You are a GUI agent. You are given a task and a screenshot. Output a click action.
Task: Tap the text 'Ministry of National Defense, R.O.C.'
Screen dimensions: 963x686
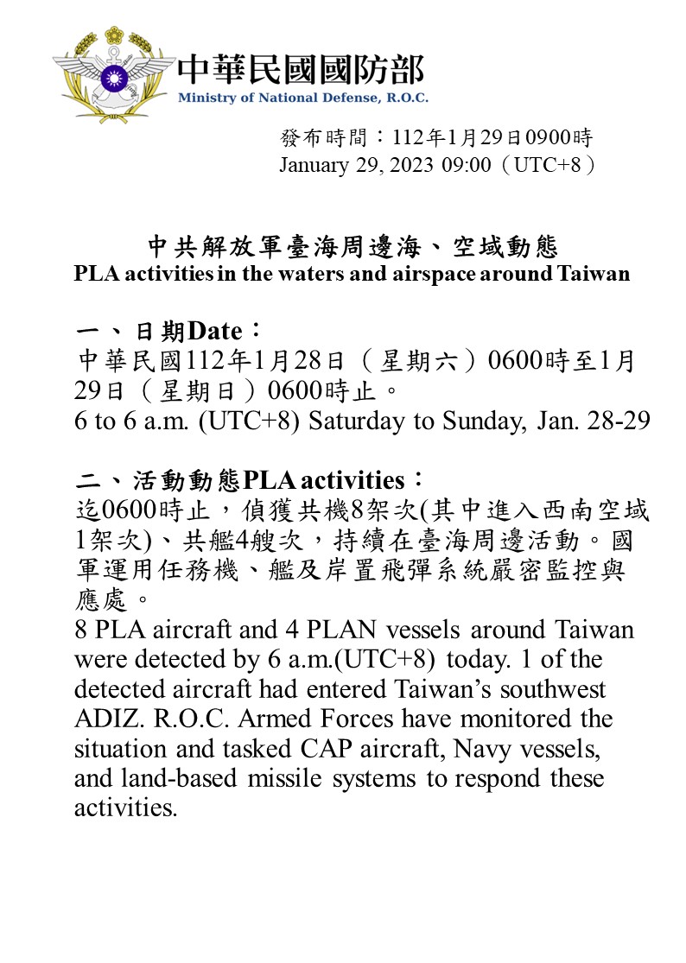coord(302,98)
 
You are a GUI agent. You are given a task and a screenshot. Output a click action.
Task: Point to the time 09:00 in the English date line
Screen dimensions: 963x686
coord(467,165)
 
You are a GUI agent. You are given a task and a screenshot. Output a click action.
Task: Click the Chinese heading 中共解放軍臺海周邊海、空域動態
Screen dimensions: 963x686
coord(353,248)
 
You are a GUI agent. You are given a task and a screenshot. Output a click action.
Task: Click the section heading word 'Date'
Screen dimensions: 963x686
coord(219,331)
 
